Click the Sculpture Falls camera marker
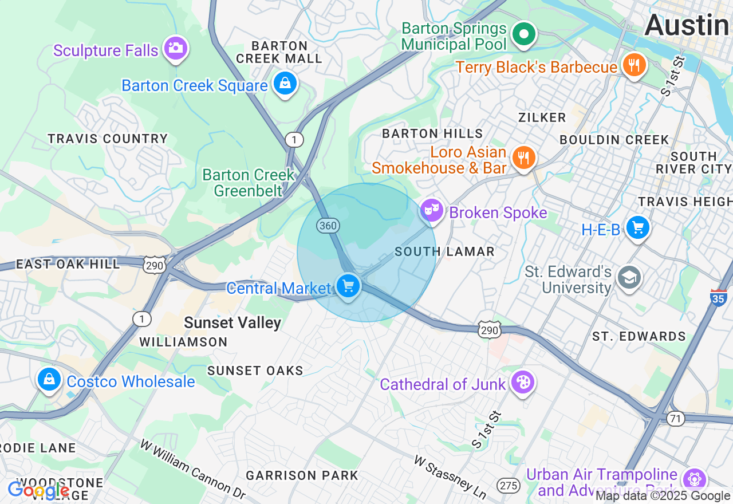point(175,48)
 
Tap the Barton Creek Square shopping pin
point(285,84)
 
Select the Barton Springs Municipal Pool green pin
point(523,33)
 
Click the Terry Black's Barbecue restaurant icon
point(633,65)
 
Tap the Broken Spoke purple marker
point(432,210)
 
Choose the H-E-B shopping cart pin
point(637,228)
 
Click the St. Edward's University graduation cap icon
point(629,278)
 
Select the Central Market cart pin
point(348,285)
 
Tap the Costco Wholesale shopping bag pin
point(50,380)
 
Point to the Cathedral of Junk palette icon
point(522,382)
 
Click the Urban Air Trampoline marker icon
point(694,479)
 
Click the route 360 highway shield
point(328,226)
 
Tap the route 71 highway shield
point(676,419)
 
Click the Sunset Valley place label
point(232,323)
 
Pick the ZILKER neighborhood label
point(542,117)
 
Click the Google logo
point(38,490)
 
